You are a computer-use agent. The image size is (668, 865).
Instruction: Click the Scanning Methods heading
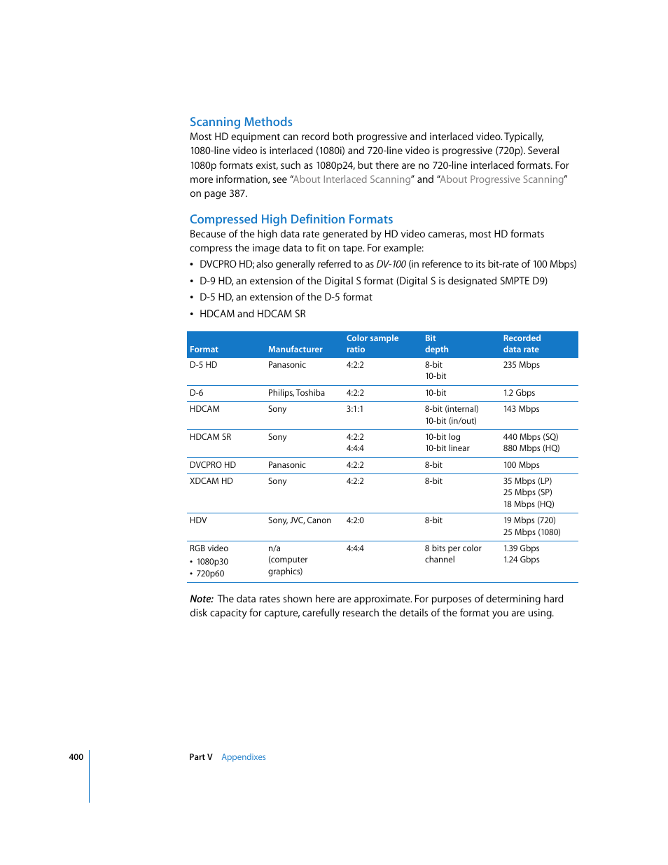pyautogui.click(x=241, y=122)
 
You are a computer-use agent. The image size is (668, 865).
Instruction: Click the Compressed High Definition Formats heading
pyautogui.click(x=291, y=219)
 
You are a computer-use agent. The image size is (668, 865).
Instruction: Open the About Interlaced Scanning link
pyautogui.click(x=352, y=179)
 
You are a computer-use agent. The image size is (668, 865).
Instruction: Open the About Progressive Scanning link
pyautogui.click(x=501, y=179)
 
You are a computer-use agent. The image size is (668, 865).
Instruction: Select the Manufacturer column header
pyautogui.click(x=295, y=350)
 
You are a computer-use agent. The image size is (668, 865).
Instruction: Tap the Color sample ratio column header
pyautogui.click(x=372, y=344)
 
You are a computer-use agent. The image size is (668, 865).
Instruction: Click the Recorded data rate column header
pyautogui.click(x=522, y=344)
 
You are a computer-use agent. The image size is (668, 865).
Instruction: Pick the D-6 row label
pyautogui.click(x=197, y=393)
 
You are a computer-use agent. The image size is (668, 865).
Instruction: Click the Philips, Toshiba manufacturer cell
pyautogui.click(x=296, y=393)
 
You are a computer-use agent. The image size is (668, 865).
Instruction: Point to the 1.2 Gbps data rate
pyautogui.click(x=519, y=393)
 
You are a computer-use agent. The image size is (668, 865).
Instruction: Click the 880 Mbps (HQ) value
pyautogui.click(x=531, y=448)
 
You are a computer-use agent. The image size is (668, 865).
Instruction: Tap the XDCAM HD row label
pyautogui.click(x=211, y=481)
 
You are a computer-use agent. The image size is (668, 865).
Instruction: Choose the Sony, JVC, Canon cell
pyautogui.click(x=299, y=520)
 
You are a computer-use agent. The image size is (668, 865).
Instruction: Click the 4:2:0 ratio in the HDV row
pyautogui.click(x=355, y=520)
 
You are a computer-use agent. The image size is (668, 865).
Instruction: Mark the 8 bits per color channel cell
pyautogui.click(x=452, y=554)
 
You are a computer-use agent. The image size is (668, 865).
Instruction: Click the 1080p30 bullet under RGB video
pyautogui.click(x=212, y=562)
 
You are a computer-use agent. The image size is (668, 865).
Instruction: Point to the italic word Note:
pyautogui.click(x=202, y=599)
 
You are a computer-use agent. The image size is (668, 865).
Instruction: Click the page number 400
pyautogui.click(x=76, y=757)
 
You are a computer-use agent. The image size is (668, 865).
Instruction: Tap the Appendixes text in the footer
pyautogui.click(x=244, y=757)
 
